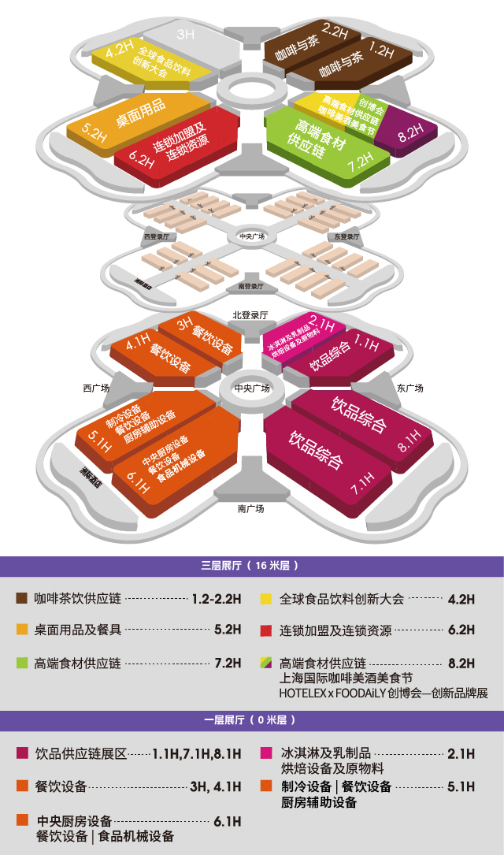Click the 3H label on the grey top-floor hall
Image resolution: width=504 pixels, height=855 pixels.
(x=185, y=34)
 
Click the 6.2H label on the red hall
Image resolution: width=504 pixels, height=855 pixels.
(x=141, y=158)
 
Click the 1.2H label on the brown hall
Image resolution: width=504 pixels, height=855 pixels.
(x=380, y=50)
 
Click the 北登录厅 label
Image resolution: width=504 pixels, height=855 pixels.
(x=250, y=315)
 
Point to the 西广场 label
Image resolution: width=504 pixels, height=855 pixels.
(x=95, y=388)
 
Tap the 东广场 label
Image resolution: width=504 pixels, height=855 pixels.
(x=410, y=388)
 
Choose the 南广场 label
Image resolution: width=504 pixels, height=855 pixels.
(x=250, y=509)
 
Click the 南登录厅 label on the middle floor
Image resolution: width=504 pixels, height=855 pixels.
(x=250, y=287)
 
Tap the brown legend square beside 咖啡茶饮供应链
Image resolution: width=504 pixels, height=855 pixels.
(x=22, y=598)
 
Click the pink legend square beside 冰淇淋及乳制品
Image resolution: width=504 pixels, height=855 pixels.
(x=266, y=753)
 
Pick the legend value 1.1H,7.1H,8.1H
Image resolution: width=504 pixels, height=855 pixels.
(x=197, y=754)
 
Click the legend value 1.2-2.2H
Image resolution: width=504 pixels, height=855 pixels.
(x=217, y=599)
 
